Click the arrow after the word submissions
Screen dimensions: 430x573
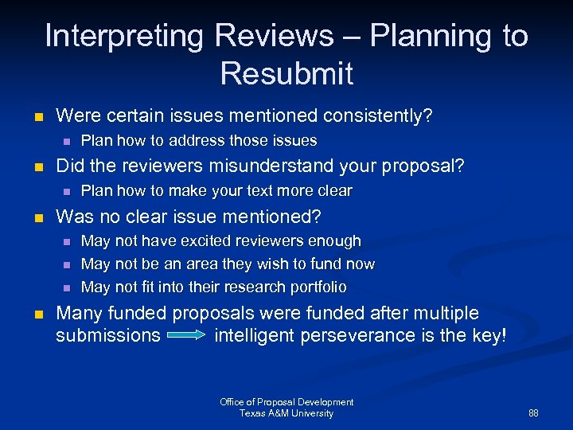[x=187, y=336]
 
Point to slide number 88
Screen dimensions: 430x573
[x=533, y=413]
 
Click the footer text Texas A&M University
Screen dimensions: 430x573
[x=286, y=413]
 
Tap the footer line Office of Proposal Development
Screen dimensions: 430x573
[x=286, y=402]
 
